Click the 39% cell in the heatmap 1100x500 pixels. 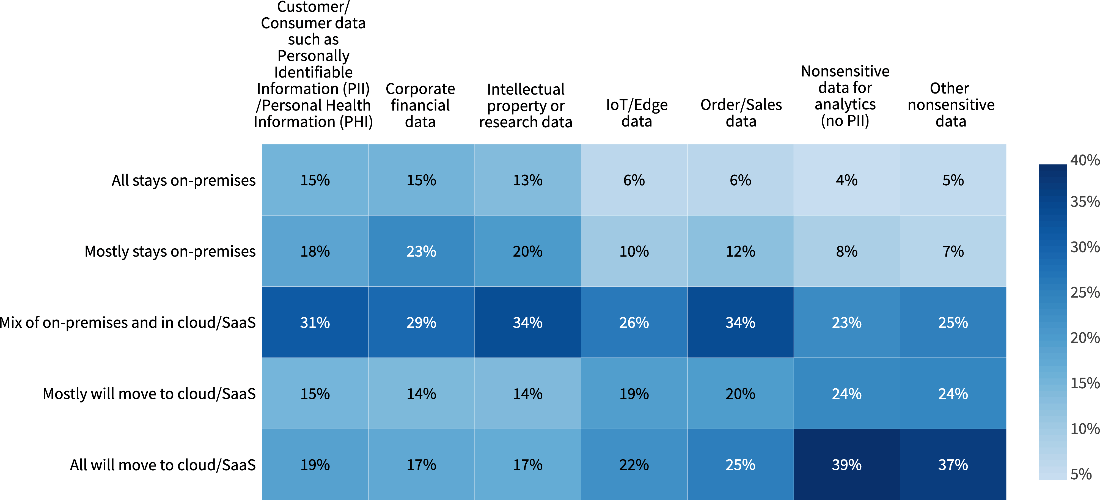[846, 465]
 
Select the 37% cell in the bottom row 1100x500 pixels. [953, 465]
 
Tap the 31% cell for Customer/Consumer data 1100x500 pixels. [315, 322]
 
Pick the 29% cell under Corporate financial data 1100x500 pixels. [421, 322]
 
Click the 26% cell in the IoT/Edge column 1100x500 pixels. [634, 322]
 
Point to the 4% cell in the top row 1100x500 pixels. [846, 180]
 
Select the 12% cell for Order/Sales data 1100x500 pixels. [740, 251]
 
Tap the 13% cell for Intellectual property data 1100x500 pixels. [527, 180]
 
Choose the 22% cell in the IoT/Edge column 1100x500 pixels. [634, 465]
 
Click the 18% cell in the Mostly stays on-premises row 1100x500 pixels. [315, 251]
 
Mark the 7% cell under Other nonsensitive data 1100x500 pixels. [953, 251]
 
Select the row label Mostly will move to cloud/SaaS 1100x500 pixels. [149, 394]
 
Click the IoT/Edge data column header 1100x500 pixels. [636, 113]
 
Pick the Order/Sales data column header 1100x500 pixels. [741, 113]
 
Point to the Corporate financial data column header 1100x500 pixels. [420, 105]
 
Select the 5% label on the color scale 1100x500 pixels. [1081, 474]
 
